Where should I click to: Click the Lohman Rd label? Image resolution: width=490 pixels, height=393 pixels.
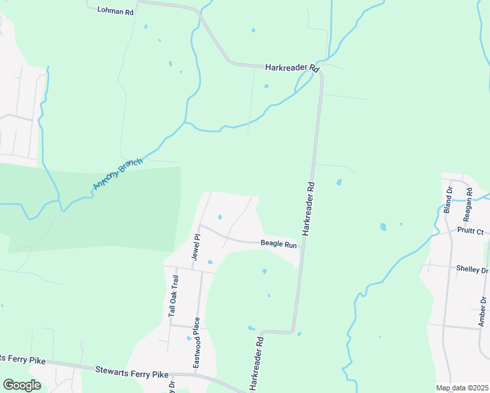click(115, 11)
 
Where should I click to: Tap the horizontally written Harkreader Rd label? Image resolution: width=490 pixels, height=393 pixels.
click(292, 67)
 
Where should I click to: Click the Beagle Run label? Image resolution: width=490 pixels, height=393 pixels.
click(279, 244)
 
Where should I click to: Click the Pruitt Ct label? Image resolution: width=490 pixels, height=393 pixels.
click(470, 231)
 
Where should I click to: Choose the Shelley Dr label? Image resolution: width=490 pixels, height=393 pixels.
click(472, 270)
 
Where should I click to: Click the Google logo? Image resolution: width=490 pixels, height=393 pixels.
click(22, 385)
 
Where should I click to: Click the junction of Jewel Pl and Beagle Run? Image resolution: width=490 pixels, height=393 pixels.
click(200, 227)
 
